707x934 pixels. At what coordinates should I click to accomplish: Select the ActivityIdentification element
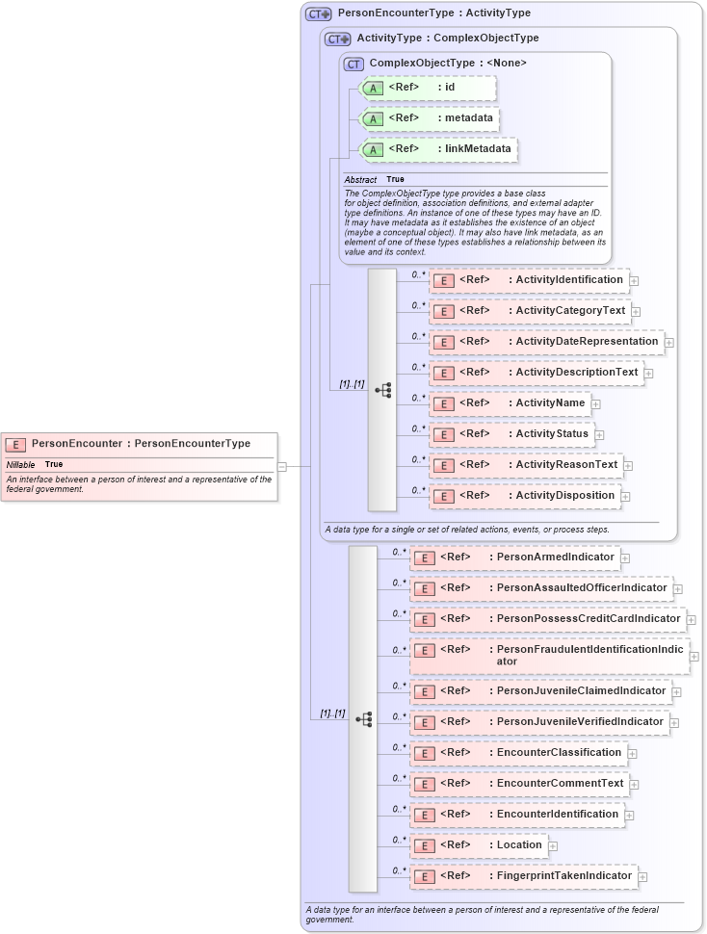point(529,280)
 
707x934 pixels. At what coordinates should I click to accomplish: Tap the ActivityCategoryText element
point(529,311)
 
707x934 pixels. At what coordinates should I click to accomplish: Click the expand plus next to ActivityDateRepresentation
point(668,342)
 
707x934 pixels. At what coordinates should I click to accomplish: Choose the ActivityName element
point(510,403)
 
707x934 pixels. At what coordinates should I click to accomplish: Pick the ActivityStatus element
point(511,434)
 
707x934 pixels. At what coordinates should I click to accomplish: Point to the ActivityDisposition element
point(524,496)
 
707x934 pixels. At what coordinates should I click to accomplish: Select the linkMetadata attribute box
point(437,149)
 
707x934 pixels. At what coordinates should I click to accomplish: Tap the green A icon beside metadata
point(371,119)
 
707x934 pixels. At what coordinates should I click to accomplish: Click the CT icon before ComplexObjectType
point(353,64)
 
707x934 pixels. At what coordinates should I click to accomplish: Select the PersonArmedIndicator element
point(514,558)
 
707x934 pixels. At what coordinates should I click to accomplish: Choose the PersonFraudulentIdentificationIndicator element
point(549,656)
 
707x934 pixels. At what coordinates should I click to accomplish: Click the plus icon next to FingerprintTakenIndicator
point(642,877)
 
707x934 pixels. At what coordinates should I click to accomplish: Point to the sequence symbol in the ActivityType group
point(382,390)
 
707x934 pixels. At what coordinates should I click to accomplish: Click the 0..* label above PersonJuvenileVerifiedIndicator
point(399,716)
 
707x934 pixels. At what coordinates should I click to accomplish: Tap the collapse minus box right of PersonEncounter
point(282,467)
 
